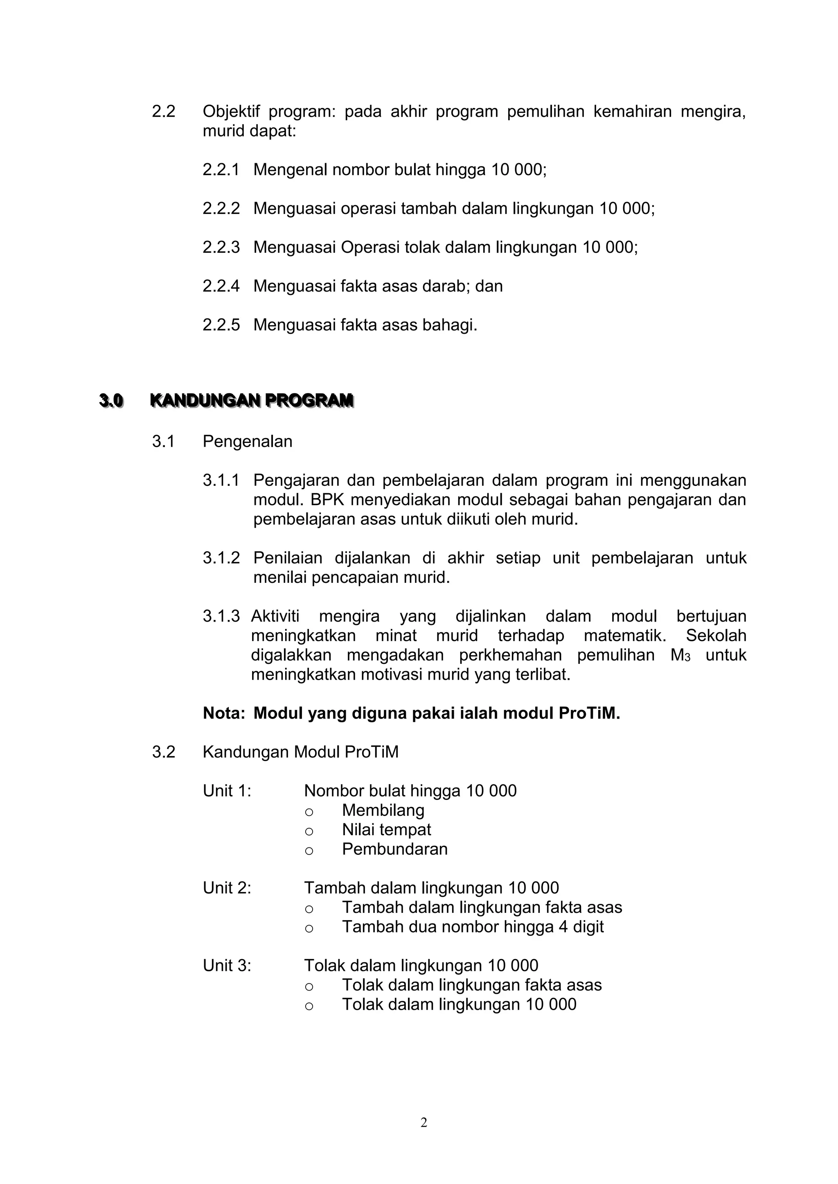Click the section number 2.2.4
[221, 286]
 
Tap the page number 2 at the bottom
[424, 1122]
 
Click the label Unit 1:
[227, 791]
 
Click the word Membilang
[383, 810]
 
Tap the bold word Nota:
[223, 713]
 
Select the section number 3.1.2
[221, 558]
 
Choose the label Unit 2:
[227, 888]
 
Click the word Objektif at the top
[231, 111]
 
